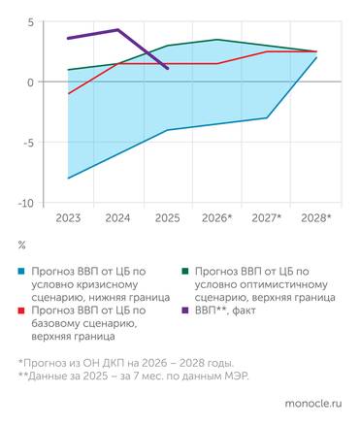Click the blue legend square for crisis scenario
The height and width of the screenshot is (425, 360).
tap(20, 269)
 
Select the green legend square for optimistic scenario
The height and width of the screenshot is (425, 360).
tap(183, 269)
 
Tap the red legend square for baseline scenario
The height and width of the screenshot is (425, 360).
tap(20, 310)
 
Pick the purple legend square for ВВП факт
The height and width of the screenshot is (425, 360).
tap(183, 310)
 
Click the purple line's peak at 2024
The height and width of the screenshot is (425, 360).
tap(117, 30)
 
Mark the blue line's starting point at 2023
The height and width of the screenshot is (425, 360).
tap(67, 179)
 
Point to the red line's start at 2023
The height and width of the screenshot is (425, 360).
tap(67, 94)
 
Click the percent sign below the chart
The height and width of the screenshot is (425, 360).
tap(21, 245)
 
